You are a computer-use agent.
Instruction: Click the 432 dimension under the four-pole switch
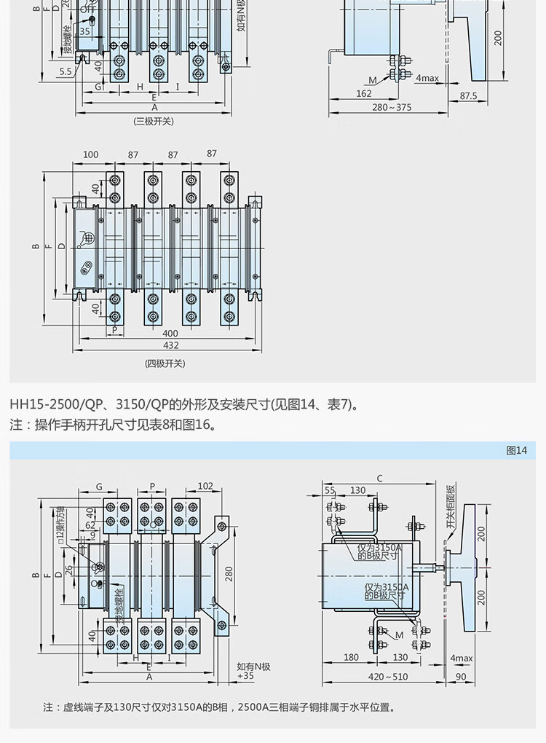[x=170, y=345]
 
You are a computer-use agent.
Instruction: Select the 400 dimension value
[x=170, y=333]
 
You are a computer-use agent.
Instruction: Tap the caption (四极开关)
[x=165, y=363]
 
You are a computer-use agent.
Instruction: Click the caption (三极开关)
[x=154, y=122]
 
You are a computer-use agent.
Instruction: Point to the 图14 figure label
[x=516, y=450]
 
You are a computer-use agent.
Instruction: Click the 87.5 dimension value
[x=468, y=95]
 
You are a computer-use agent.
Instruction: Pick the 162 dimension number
[x=364, y=93]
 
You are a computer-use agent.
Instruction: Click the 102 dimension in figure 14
[x=205, y=487]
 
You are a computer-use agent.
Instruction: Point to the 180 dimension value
[x=351, y=658]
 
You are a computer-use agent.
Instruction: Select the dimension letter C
[x=379, y=479]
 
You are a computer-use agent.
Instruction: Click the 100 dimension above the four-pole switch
[x=91, y=154]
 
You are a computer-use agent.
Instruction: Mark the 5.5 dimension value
[x=66, y=71]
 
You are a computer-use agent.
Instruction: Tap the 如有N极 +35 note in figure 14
[x=253, y=671]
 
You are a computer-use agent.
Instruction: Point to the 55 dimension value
[x=331, y=490]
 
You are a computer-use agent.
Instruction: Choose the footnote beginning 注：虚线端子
[x=218, y=707]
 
